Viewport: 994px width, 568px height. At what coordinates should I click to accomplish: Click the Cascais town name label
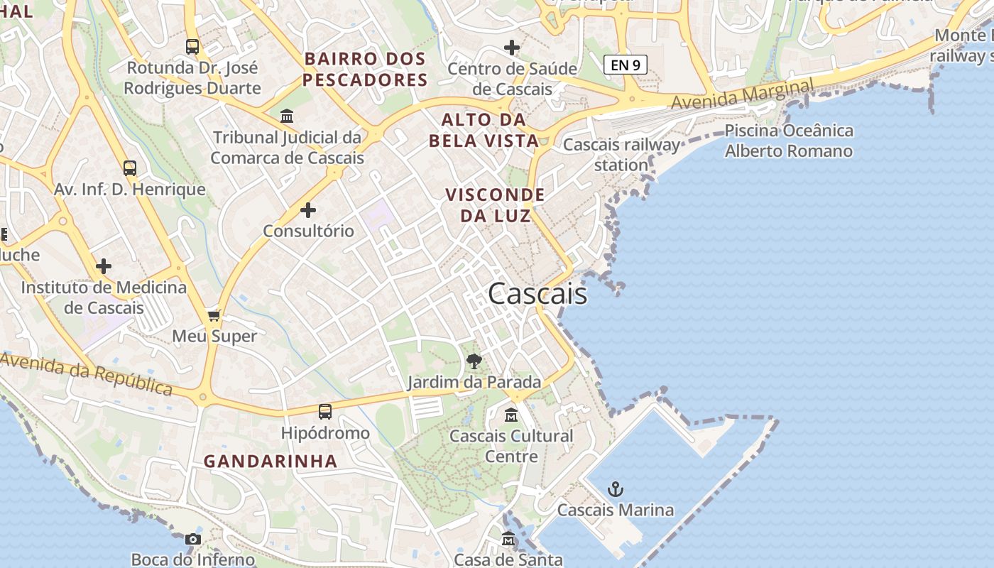click(537, 293)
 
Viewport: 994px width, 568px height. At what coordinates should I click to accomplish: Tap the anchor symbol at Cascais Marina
click(616, 489)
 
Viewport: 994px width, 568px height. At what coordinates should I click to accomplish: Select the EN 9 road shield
click(626, 65)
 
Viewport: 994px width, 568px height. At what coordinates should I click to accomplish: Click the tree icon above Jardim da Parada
click(474, 361)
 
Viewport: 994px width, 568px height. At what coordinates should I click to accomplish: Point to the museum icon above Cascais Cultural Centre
click(511, 415)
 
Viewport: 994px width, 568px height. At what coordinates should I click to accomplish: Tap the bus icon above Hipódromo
click(325, 412)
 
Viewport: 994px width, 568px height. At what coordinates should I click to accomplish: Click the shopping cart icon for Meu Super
click(214, 315)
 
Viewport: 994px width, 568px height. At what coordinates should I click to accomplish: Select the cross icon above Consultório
click(308, 210)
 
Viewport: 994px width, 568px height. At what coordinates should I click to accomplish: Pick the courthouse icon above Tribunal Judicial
click(287, 116)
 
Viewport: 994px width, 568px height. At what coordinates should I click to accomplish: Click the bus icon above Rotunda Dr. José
click(192, 47)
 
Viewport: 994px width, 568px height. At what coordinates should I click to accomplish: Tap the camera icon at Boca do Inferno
click(192, 539)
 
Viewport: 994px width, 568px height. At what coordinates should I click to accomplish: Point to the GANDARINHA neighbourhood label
click(271, 461)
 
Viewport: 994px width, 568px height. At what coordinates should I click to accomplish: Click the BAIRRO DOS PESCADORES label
click(365, 70)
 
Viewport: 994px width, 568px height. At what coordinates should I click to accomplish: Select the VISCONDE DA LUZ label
click(495, 204)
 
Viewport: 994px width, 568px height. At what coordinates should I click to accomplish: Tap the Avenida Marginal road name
click(743, 95)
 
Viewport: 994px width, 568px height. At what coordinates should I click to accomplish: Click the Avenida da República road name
click(87, 374)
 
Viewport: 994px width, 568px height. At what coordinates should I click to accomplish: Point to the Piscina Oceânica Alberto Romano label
click(789, 141)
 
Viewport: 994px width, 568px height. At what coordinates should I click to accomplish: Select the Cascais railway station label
click(622, 155)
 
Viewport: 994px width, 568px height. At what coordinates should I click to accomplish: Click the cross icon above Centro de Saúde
click(512, 48)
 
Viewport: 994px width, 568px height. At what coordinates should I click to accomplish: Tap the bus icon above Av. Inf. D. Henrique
click(129, 168)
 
